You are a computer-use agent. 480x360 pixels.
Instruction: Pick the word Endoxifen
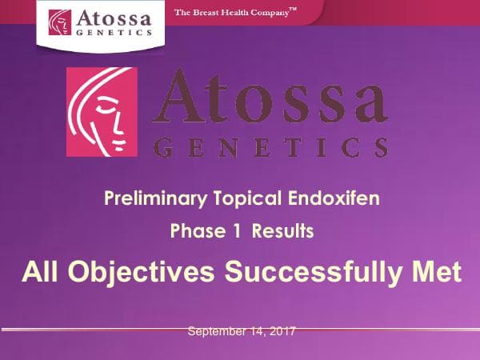pyautogui.click(x=330, y=198)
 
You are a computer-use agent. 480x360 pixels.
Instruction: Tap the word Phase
pyautogui.click(x=197, y=232)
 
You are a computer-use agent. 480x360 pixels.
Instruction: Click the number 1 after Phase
pyautogui.click(x=238, y=232)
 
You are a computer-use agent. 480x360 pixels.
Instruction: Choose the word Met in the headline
pyautogui.click(x=437, y=272)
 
